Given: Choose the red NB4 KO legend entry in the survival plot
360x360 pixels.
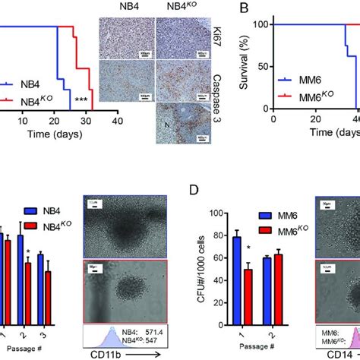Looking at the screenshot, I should point(40,97).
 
